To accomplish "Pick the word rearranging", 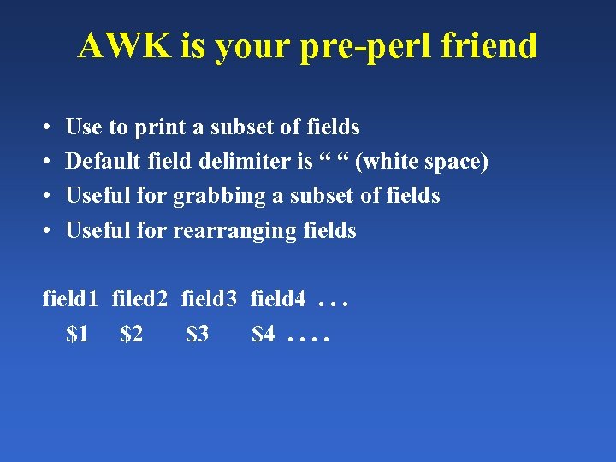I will coord(235,231).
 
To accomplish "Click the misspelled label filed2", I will coord(140,300).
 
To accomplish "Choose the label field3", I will coord(210,300).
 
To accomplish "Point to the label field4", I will coord(278,300).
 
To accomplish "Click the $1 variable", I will coord(77,335).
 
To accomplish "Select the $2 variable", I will coord(132,335).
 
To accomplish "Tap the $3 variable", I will coord(197,335).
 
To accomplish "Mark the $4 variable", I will coord(263,335).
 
